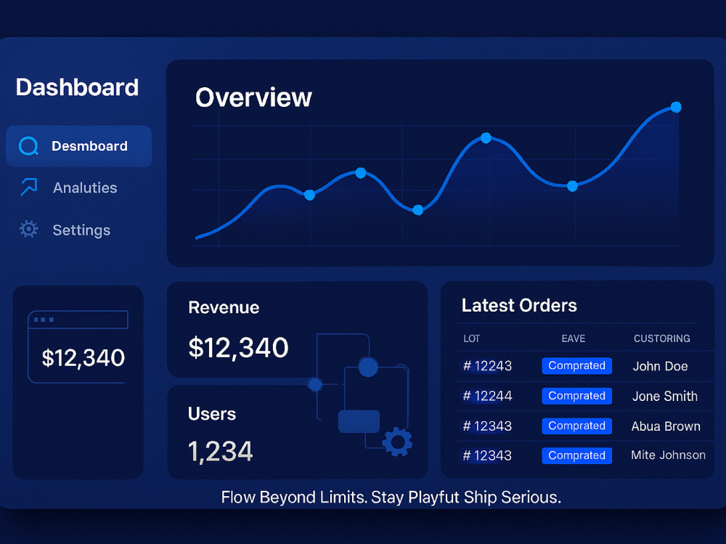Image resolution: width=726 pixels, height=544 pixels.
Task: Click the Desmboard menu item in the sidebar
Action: click(x=78, y=146)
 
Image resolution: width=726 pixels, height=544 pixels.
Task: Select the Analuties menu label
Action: click(x=85, y=187)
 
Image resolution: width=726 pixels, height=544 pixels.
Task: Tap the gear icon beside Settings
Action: click(x=29, y=229)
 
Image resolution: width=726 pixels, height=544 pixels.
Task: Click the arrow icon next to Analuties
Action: click(x=29, y=187)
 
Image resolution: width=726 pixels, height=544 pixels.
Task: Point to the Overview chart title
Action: click(x=253, y=97)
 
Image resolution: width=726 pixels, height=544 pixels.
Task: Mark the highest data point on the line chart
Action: click(x=676, y=107)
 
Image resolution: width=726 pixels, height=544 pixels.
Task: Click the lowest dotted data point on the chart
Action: click(x=417, y=210)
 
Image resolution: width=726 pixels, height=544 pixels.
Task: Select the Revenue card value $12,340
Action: click(x=238, y=347)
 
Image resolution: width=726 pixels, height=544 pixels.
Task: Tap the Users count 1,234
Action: click(x=221, y=451)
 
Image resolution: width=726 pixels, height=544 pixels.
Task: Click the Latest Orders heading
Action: click(x=519, y=305)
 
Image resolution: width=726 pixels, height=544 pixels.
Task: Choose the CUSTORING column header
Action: click(x=661, y=338)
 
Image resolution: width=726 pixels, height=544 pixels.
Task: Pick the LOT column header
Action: click(x=471, y=338)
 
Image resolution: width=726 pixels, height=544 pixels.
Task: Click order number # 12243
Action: click(x=488, y=366)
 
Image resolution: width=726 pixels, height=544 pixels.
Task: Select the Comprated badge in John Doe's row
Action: click(x=577, y=365)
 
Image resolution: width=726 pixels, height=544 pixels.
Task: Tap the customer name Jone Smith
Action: click(x=665, y=396)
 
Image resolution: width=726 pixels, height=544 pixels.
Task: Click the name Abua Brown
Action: click(x=666, y=426)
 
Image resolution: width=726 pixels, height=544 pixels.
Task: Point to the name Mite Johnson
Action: click(x=668, y=455)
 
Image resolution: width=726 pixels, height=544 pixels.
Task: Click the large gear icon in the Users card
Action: click(x=397, y=442)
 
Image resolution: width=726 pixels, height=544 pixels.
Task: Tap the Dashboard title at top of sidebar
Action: click(x=78, y=87)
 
